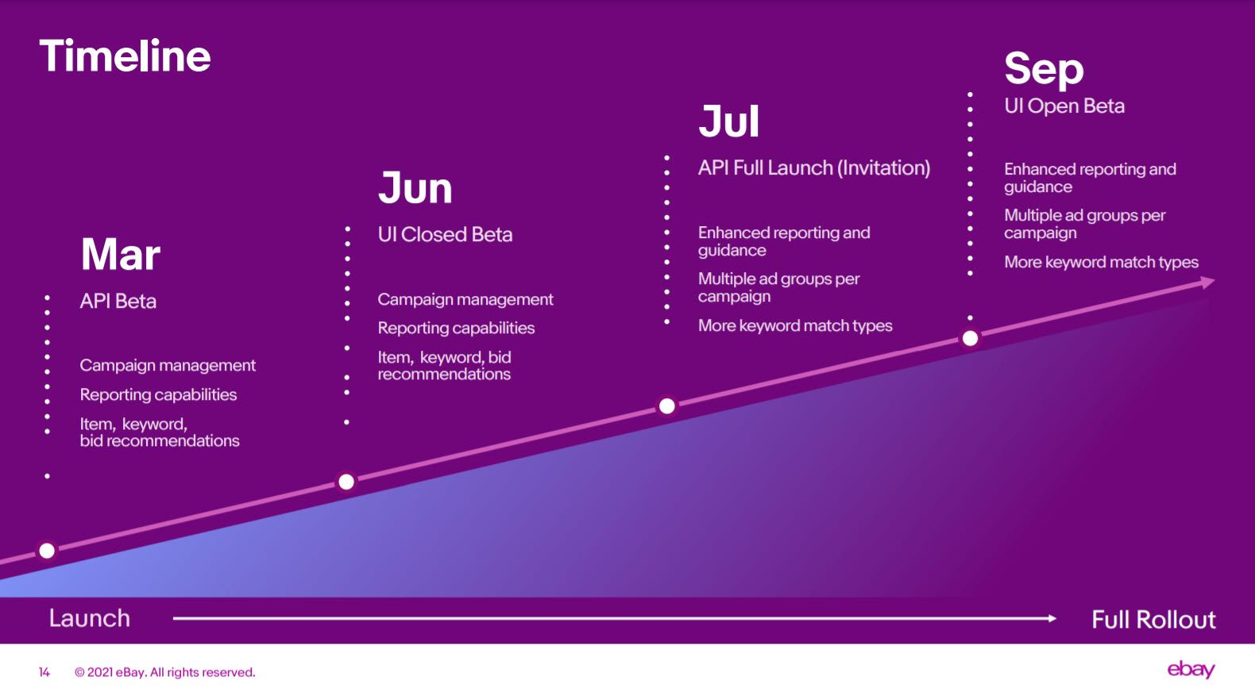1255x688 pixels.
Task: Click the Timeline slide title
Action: pyautogui.click(x=125, y=56)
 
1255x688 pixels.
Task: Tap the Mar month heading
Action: pyautogui.click(x=121, y=254)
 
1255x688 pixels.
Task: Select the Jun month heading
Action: pyautogui.click(x=415, y=188)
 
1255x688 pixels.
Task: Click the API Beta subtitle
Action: pyautogui.click(x=118, y=302)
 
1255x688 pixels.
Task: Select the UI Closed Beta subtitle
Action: pyautogui.click(x=445, y=235)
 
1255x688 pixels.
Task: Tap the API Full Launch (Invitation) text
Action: pyautogui.click(x=814, y=168)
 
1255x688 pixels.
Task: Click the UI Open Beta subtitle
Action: pyautogui.click(x=1064, y=106)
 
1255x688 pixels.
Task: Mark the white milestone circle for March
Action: pyautogui.click(x=47, y=551)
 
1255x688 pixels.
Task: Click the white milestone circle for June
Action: pyautogui.click(x=346, y=482)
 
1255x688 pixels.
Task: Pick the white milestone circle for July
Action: pyautogui.click(x=666, y=405)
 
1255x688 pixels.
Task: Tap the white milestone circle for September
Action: pyautogui.click(x=971, y=338)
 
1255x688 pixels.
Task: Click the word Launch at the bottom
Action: pyautogui.click(x=90, y=619)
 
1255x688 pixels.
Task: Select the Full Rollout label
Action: pyautogui.click(x=1153, y=620)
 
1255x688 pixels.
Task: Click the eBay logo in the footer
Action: pyautogui.click(x=1191, y=670)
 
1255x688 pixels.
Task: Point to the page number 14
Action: pyautogui.click(x=44, y=672)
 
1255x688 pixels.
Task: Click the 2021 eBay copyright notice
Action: pyautogui.click(x=164, y=672)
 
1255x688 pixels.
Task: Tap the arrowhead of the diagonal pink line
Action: pyautogui.click(x=1207, y=283)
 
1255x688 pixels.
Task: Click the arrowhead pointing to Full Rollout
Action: pyautogui.click(x=1052, y=619)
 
